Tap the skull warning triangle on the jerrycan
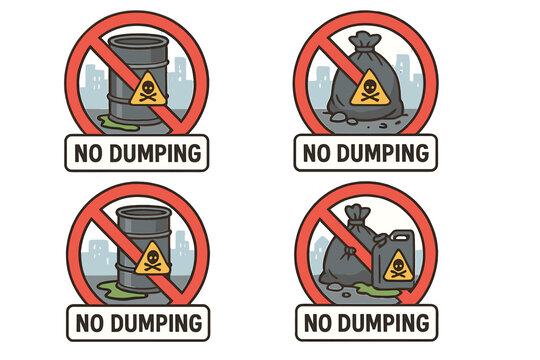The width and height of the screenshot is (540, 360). click(x=398, y=267)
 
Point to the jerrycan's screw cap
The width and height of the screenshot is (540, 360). click(x=380, y=239)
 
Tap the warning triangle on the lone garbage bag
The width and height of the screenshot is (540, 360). click(x=370, y=88)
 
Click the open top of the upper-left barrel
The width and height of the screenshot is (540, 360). click(x=139, y=42)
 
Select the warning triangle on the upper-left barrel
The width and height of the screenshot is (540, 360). click(x=148, y=89)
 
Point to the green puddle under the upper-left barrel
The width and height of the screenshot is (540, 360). click(x=118, y=123)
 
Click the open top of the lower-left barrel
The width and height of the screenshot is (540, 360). click(x=144, y=213)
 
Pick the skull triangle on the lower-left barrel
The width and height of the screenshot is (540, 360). click(x=153, y=258)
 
